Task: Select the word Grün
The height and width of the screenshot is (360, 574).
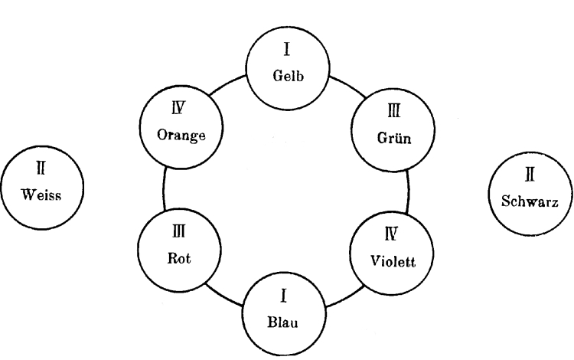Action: point(394,139)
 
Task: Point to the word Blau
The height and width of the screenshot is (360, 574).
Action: point(285,322)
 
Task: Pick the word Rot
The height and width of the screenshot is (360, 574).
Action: point(178,259)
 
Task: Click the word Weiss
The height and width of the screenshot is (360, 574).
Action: point(41,194)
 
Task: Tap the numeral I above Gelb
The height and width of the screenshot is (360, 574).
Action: point(286,51)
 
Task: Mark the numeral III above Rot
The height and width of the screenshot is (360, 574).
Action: point(178,229)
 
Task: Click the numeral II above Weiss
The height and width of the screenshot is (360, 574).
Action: point(41,166)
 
